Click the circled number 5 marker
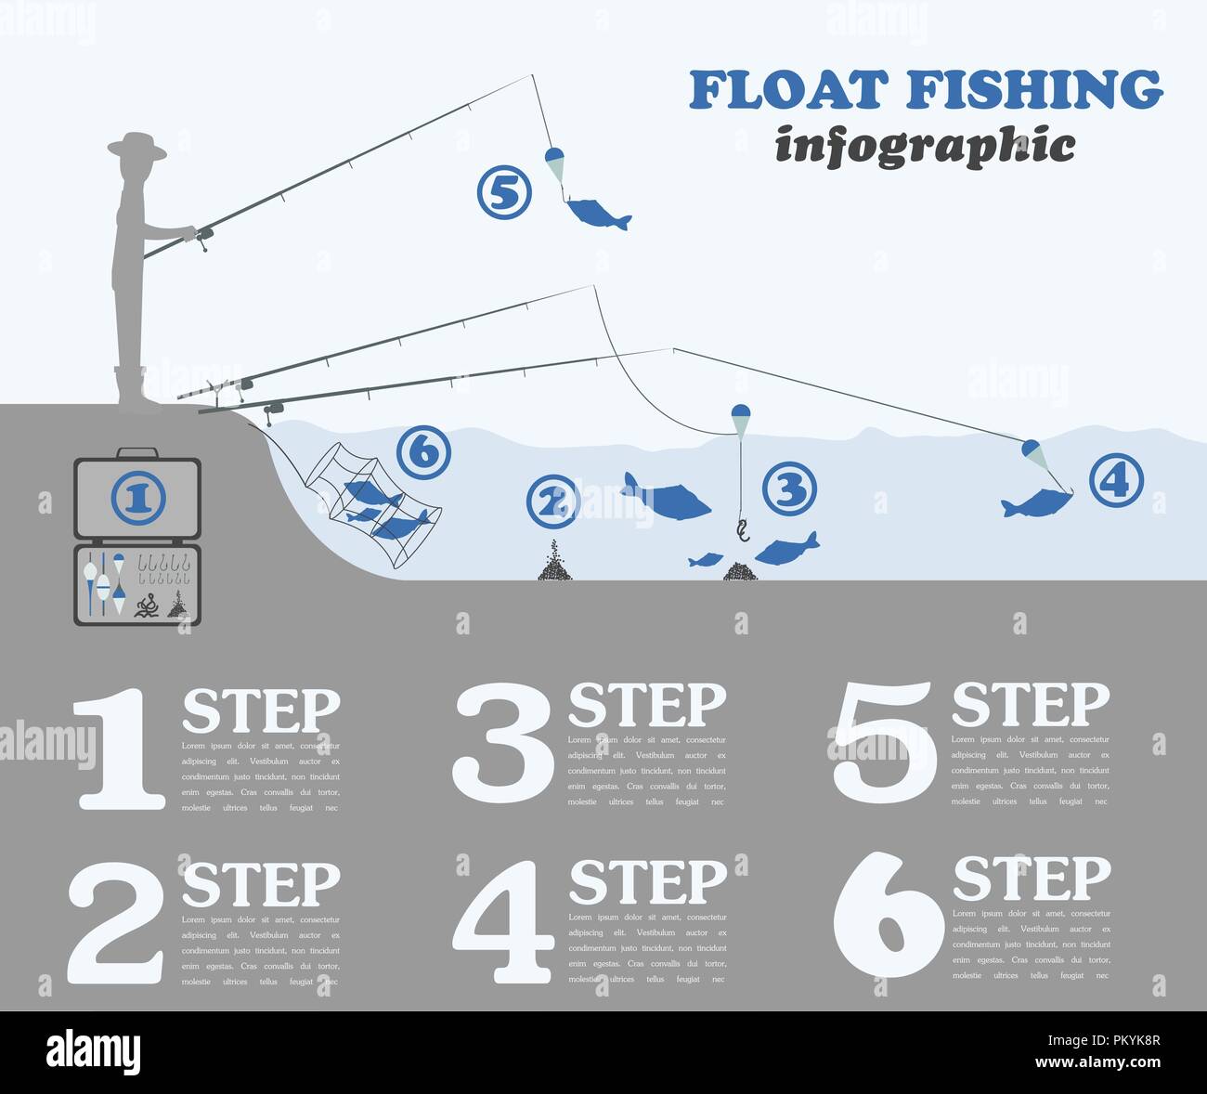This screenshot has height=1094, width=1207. point(503,193)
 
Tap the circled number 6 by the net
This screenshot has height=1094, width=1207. point(422,453)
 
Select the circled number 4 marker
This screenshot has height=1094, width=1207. point(1115,480)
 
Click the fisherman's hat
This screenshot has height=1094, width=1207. point(136,146)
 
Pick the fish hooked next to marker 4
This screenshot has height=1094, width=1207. point(1032,504)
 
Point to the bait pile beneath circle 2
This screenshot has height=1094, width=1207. point(554,563)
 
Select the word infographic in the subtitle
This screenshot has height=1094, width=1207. point(925,147)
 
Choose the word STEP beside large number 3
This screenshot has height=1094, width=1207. point(646,706)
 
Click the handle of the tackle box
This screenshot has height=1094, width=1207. point(136,453)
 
